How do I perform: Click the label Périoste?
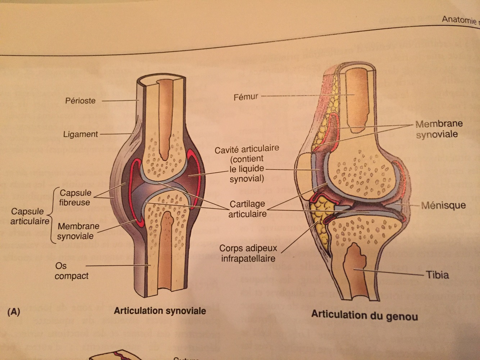point(80,101)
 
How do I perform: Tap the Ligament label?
point(81,134)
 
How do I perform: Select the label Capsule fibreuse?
point(75,197)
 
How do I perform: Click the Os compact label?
point(72,271)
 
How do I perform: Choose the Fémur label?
point(246,97)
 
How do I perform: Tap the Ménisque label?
point(443,205)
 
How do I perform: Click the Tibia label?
point(437,275)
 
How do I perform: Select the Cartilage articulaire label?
point(247,209)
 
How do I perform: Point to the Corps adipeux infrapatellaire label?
point(248,253)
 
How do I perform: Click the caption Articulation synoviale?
point(160,310)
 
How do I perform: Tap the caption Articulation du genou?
point(364,315)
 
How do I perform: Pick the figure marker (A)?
point(14,312)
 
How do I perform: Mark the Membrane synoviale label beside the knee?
point(438,129)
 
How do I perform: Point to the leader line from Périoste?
point(119,101)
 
